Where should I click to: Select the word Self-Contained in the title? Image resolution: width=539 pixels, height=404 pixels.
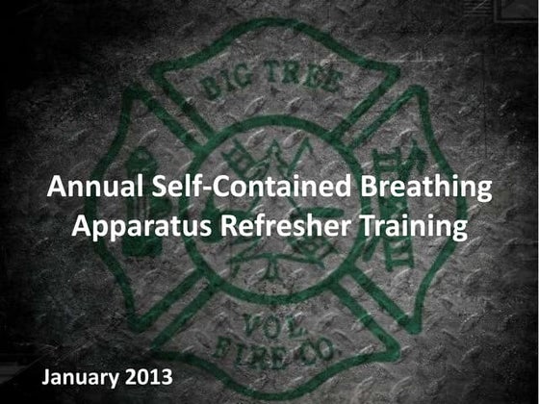225,190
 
